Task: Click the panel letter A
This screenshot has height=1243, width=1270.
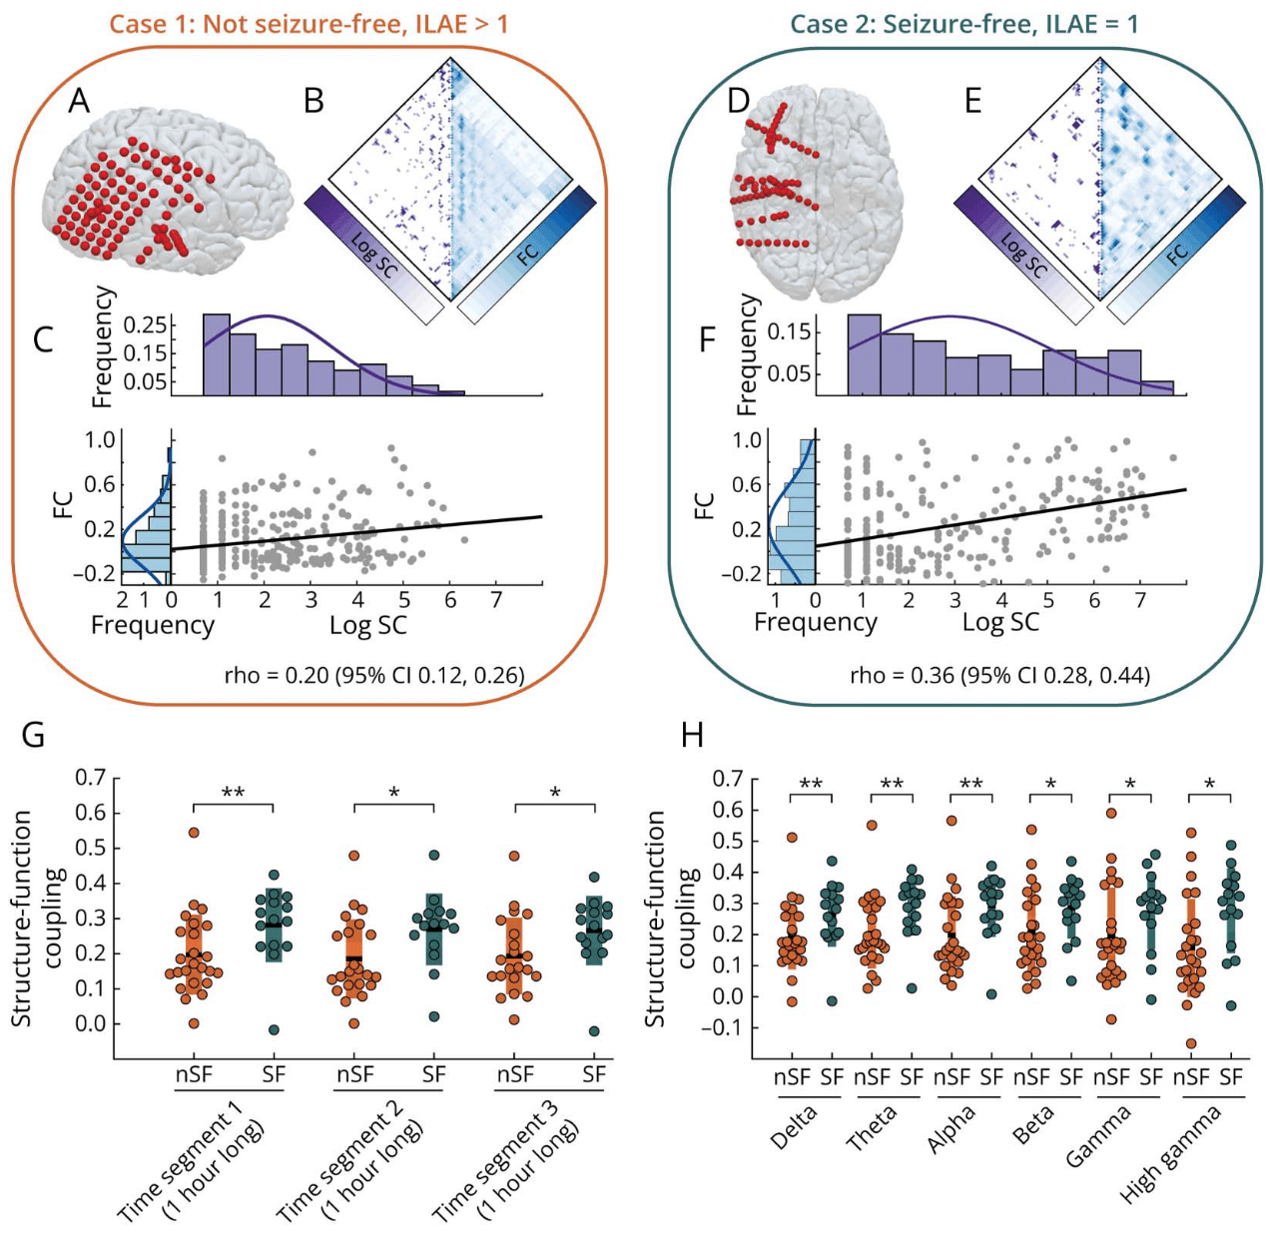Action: tap(79, 101)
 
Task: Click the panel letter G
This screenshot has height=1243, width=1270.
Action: tap(33, 736)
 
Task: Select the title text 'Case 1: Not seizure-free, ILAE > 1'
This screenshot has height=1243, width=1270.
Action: tap(309, 23)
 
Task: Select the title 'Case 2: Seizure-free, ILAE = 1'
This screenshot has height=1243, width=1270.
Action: tap(963, 23)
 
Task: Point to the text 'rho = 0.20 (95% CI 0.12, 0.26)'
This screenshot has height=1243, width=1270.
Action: tap(374, 676)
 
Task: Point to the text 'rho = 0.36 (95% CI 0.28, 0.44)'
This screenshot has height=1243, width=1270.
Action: tap(999, 676)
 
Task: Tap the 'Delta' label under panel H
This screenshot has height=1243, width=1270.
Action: tap(795, 1127)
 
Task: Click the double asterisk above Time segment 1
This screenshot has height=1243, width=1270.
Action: tap(233, 794)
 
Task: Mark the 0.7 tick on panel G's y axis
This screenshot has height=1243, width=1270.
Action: tap(91, 777)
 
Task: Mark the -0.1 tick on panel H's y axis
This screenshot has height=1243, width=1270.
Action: tap(728, 1026)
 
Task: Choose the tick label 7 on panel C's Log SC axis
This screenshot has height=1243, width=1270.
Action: tap(496, 600)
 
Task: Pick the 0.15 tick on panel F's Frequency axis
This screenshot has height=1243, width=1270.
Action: tap(787, 331)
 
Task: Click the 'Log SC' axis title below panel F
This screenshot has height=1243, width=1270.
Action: tap(1000, 623)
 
